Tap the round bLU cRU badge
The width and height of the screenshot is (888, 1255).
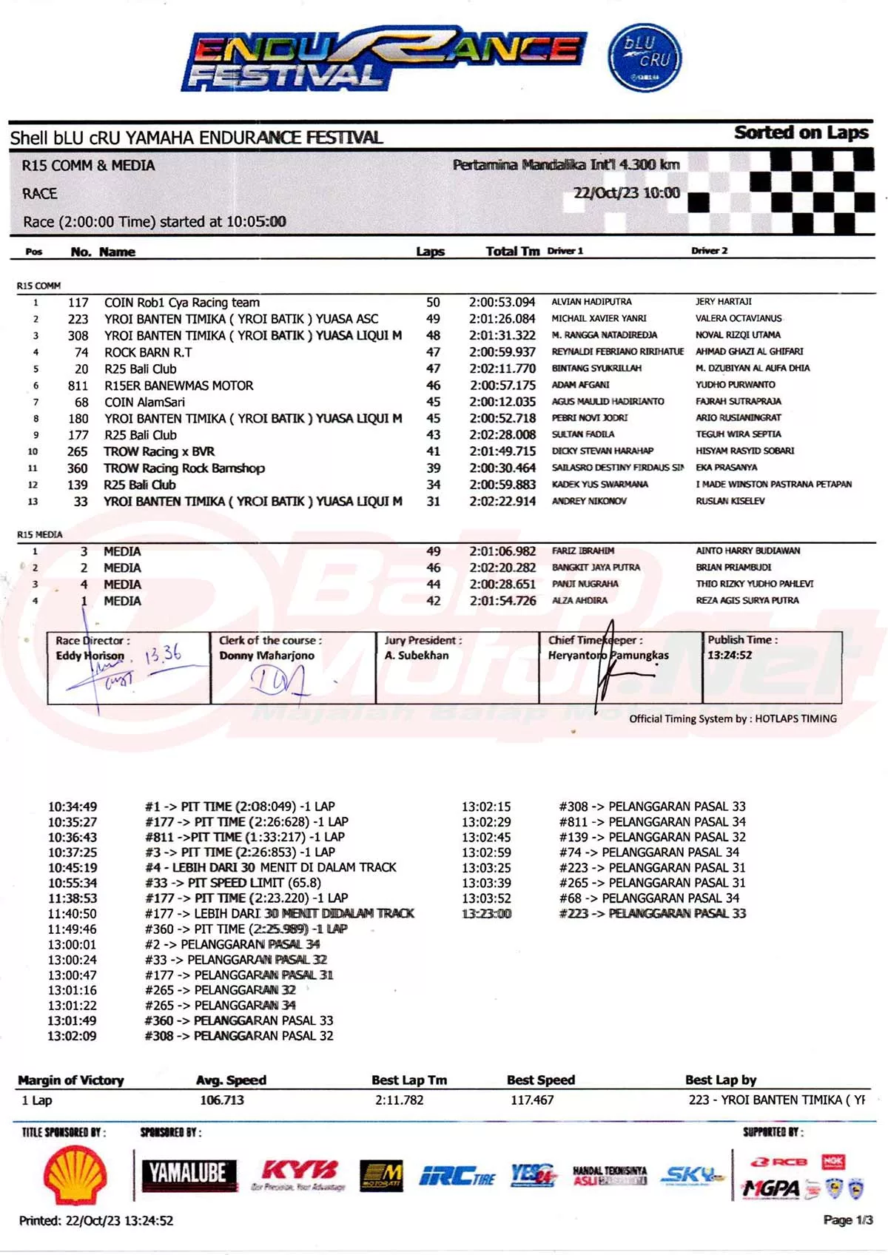click(645, 58)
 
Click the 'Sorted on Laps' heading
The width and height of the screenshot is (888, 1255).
click(801, 132)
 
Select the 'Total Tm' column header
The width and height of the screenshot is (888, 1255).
click(512, 252)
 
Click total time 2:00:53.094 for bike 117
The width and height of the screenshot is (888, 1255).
click(502, 303)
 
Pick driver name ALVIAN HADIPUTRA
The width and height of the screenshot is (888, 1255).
click(591, 302)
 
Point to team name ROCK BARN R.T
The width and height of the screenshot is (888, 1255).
click(148, 352)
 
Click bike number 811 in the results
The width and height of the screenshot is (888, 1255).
click(78, 386)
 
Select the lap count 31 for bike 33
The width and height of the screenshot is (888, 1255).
click(433, 502)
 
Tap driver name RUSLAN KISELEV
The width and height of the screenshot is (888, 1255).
click(730, 501)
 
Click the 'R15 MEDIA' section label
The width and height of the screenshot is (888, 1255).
click(40, 534)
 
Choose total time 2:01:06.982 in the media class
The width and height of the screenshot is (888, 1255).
click(502, 551)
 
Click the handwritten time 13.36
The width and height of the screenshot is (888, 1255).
click(163, 653)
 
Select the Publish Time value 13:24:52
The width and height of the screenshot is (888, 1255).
click(730, 655)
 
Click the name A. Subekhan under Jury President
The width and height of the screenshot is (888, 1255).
click(417, 655)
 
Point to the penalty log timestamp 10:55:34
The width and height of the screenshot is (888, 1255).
click(73, 883)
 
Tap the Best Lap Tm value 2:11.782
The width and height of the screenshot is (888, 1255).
click(400, 1100)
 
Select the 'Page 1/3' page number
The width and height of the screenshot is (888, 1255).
click(848, 1220)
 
